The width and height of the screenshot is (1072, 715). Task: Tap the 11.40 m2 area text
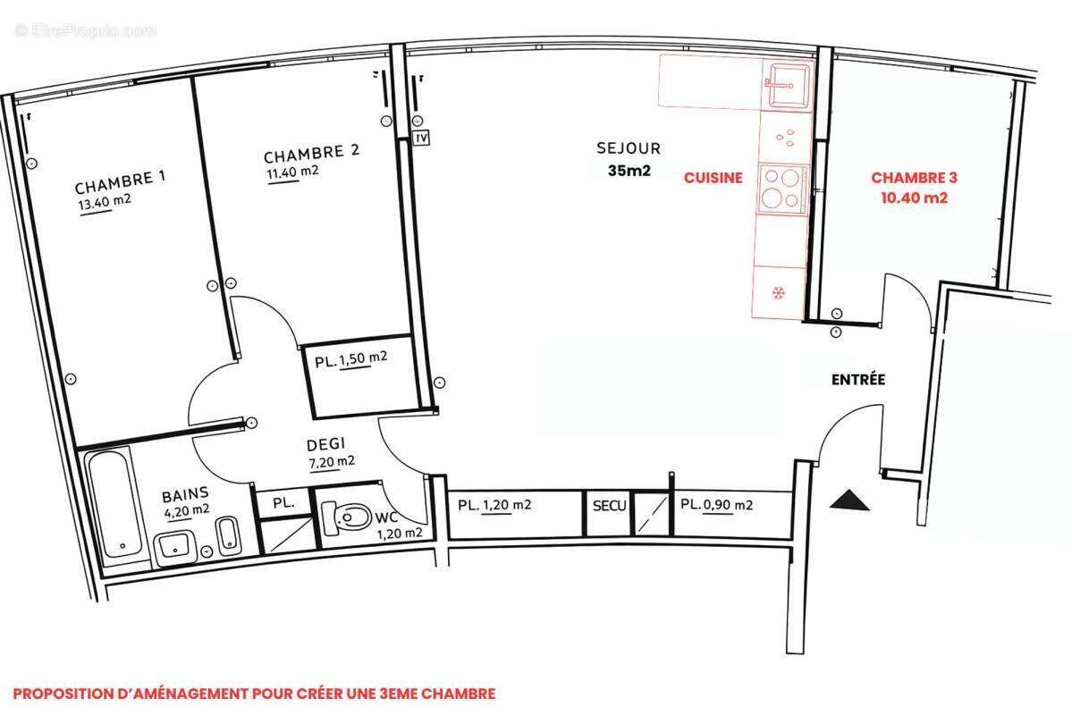[292, 172]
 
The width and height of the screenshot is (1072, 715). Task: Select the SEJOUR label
[629, 148]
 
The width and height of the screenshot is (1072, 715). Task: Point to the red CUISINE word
[713, 178]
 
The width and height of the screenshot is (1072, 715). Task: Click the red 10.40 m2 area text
[909, 198]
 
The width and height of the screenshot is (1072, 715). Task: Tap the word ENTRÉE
[857, 380]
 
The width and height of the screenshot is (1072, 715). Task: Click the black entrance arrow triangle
[848, 501]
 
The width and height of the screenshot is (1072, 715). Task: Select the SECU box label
[610, 505]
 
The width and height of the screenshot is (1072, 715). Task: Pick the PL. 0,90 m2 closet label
[716, 505]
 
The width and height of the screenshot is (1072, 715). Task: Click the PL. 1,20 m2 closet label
[494, 505]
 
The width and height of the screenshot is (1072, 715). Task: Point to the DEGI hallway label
[325, 444]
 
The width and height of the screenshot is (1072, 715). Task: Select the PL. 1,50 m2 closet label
[350, 361]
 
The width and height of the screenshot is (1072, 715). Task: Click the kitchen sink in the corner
[784, 83]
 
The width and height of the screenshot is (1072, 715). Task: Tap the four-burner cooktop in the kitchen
[781, 189]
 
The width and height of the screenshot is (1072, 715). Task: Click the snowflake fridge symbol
[778, 292]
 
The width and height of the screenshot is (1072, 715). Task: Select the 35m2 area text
[629, 172]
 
